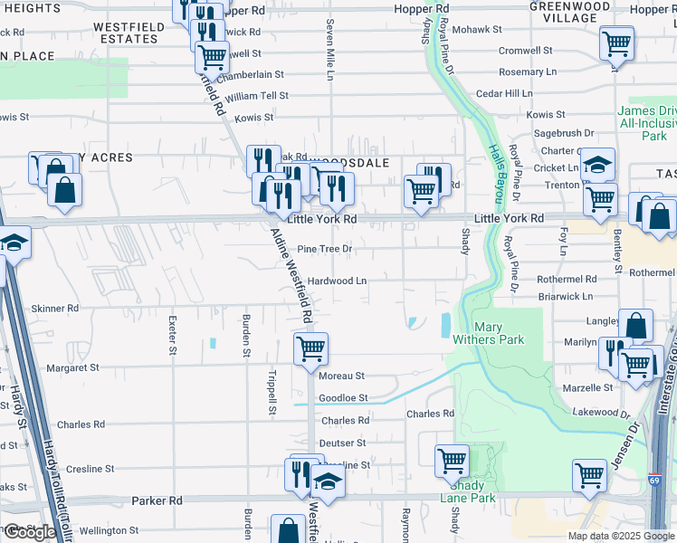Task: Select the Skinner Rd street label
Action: pyautogui.click(x=55, y=309)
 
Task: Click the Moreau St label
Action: pyautogui.click(x=341, y=376)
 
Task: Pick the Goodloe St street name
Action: pyautogui.click(x=343, y=398)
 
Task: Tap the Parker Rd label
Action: pyautogui.click(x=157, y=500)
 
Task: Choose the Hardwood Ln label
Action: pyautogui.click(x=337, y=281)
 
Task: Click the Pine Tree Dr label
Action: pyautogui.click(x=324, y=248)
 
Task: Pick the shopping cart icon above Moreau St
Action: pyautogui.click(x=310, y=347)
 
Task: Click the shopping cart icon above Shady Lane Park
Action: pyautogui.click(x=452, y=460)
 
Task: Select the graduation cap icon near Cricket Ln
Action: pyautogui.click(x=597, y=164)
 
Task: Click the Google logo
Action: pyautogui.click(x=30, y=532)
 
